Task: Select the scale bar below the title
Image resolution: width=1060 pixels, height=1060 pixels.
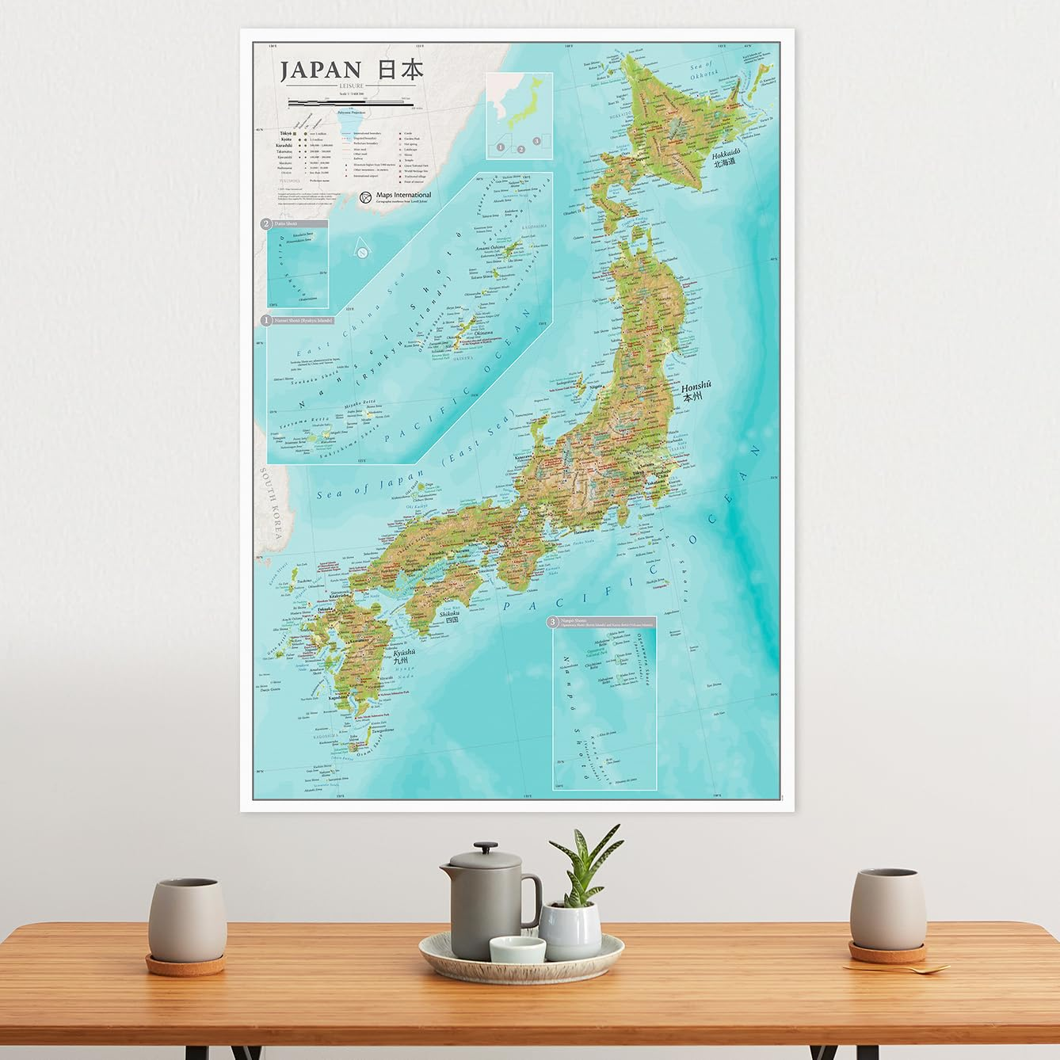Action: tap(349, 102)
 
